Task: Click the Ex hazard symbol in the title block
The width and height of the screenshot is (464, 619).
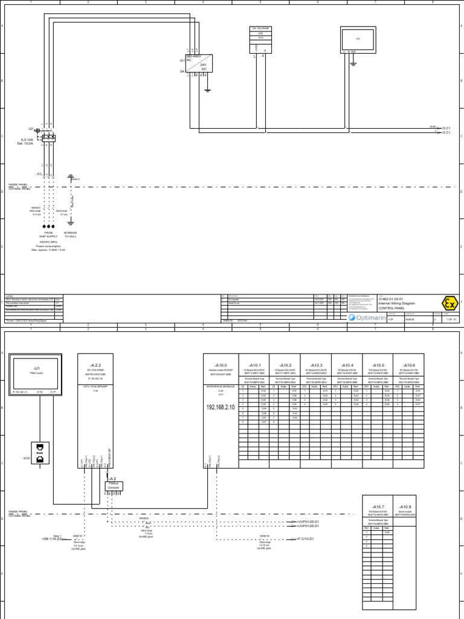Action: click(447, 304)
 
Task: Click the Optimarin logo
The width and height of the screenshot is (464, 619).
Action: click(365, 316)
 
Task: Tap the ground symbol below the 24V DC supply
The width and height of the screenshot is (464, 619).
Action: click(207, 91)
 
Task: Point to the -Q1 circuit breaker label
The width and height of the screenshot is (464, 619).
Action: click(31, 129)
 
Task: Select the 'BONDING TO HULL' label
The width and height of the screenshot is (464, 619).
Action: click(71, 235)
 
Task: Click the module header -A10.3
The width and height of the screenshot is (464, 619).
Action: click(316, 366)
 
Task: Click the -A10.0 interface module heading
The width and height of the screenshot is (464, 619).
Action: click(221, 366)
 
